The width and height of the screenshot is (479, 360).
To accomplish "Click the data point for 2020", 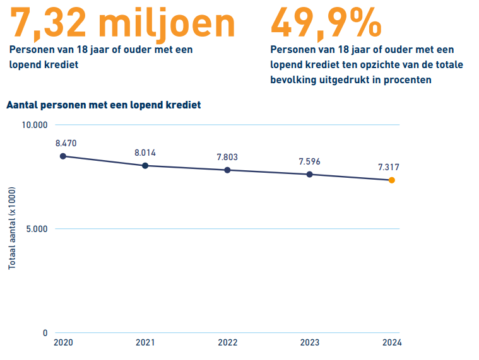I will coord(62,156).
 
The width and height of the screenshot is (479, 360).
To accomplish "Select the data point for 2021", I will coord(145,166).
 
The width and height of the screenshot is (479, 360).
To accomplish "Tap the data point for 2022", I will coord(227,170).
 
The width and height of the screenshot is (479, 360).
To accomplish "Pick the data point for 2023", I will coord(309,174).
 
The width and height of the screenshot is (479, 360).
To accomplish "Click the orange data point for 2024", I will coord(391,180).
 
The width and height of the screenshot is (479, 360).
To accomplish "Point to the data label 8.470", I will coord(66,143).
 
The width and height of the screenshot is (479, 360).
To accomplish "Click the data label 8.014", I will coord(145,153).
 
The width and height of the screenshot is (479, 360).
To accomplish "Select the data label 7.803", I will coord(227,157).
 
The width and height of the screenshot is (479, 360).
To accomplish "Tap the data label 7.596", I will coord(309,161).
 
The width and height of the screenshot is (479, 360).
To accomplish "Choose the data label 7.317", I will coord(388,167).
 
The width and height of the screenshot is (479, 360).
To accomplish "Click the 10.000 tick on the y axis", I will coord(35,125).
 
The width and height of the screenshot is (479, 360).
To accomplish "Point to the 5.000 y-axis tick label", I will coord(37,229).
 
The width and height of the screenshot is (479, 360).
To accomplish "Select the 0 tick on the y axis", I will coord(45,333).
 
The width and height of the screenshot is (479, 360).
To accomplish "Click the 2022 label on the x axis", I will coord(227,343).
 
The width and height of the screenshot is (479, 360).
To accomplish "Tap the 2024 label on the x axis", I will coord(391,343).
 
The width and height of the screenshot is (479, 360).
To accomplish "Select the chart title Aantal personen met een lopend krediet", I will coord(103,105).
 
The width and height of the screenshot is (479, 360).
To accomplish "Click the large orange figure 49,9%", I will coord(326,22).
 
